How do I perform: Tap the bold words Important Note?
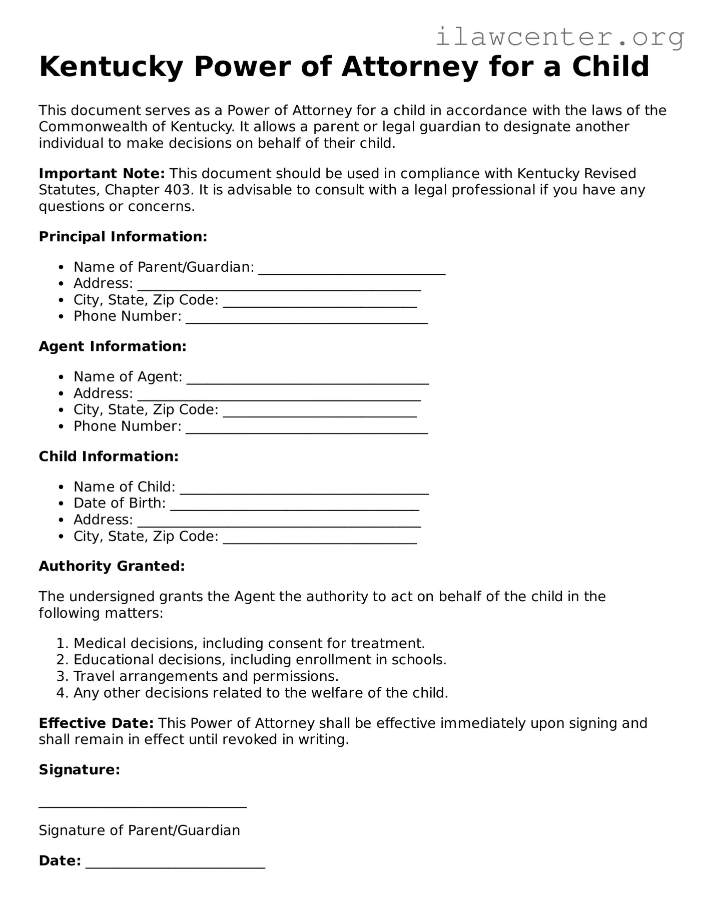tap(102, 174)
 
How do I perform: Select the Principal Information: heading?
tap(123, 237)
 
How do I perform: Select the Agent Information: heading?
tap(113, 346)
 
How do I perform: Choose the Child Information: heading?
tap(109, 456)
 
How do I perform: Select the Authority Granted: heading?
tap(112, 566)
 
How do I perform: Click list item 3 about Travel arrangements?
tap(206, 676)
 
